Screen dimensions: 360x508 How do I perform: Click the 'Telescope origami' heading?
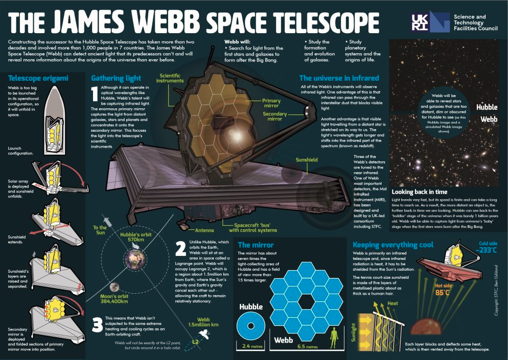coord(39,78)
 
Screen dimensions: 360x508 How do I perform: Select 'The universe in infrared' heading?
coord(339,78)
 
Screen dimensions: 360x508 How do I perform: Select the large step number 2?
coord(180,249)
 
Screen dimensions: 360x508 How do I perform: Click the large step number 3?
coord(99,324)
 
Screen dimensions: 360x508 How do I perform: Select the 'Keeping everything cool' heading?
coord(393,245)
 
